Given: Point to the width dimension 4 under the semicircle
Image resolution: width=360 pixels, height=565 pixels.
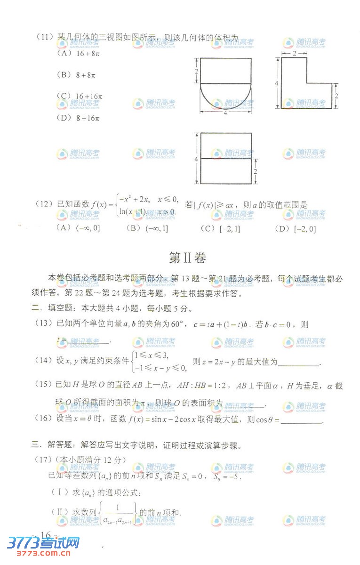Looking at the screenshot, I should (x=225, y=113).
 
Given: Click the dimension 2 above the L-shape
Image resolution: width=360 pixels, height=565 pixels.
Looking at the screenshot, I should (x=294, y=54).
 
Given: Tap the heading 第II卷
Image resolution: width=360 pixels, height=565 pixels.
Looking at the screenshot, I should (x=187, y=258).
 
